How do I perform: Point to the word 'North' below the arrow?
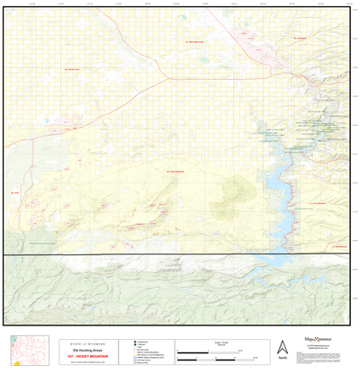click(x=283, y=359)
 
